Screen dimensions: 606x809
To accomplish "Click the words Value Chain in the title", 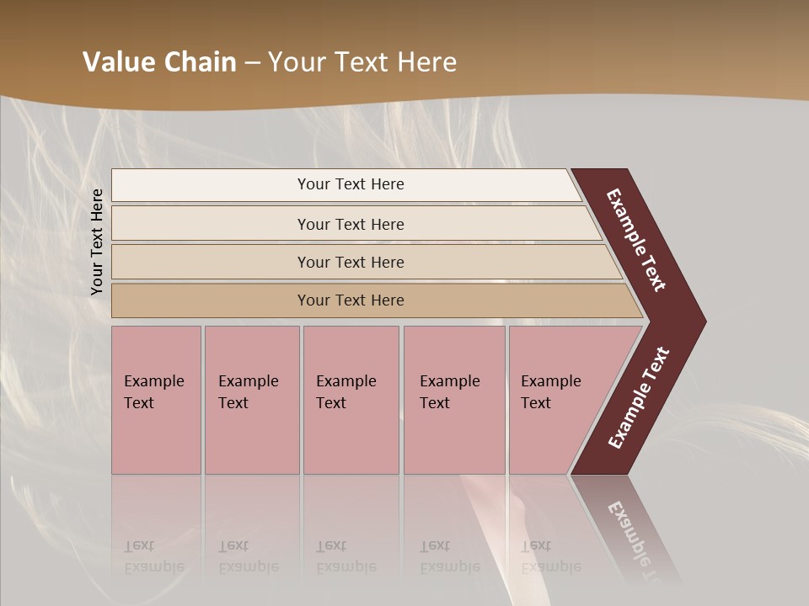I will tap(159, 62).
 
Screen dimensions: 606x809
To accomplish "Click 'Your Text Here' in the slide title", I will tap(362, 62).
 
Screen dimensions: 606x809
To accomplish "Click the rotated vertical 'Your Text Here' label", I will tap(97, 242).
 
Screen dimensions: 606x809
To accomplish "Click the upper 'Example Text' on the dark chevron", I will tap(636, 240).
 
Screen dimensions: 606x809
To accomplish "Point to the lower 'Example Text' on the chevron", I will tap(638, 398).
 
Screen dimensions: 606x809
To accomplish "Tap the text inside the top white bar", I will tap(351, 184).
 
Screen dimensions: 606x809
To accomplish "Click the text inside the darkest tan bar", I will tap(351, 300).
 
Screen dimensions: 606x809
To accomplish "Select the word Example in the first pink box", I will tap(153, 381).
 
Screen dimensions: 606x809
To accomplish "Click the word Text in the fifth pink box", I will tap(536, 403).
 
